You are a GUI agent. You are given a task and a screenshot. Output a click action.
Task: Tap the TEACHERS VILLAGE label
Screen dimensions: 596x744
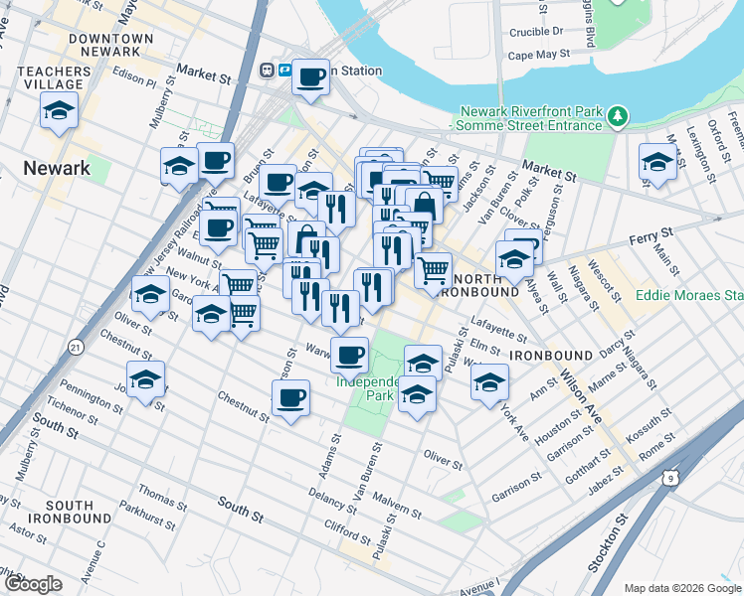click(x=56, y=78)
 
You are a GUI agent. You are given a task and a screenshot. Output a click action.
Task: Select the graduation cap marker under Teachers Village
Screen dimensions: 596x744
click(x=60, y=111)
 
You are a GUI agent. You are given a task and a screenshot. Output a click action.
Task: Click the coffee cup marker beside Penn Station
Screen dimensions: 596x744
click(x=310, y=77)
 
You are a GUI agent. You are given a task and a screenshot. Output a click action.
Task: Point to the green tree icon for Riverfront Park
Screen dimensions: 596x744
click(x=618, y=117)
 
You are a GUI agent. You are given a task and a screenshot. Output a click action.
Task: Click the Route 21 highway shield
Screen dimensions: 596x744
click(x=76, y=347)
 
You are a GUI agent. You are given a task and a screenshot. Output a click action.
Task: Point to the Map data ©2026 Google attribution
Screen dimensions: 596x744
click(x=681, y=588)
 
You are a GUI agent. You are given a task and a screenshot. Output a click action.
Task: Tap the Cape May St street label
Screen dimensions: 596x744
click(x=538, y=56)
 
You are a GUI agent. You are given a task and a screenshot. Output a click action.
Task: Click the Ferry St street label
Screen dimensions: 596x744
click(x=651, y=236)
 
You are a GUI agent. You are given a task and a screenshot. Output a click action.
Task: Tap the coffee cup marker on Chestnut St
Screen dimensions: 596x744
click(x=290, y=399)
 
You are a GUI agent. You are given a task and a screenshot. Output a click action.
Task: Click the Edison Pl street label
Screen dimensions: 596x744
click(x=135, y=77)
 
